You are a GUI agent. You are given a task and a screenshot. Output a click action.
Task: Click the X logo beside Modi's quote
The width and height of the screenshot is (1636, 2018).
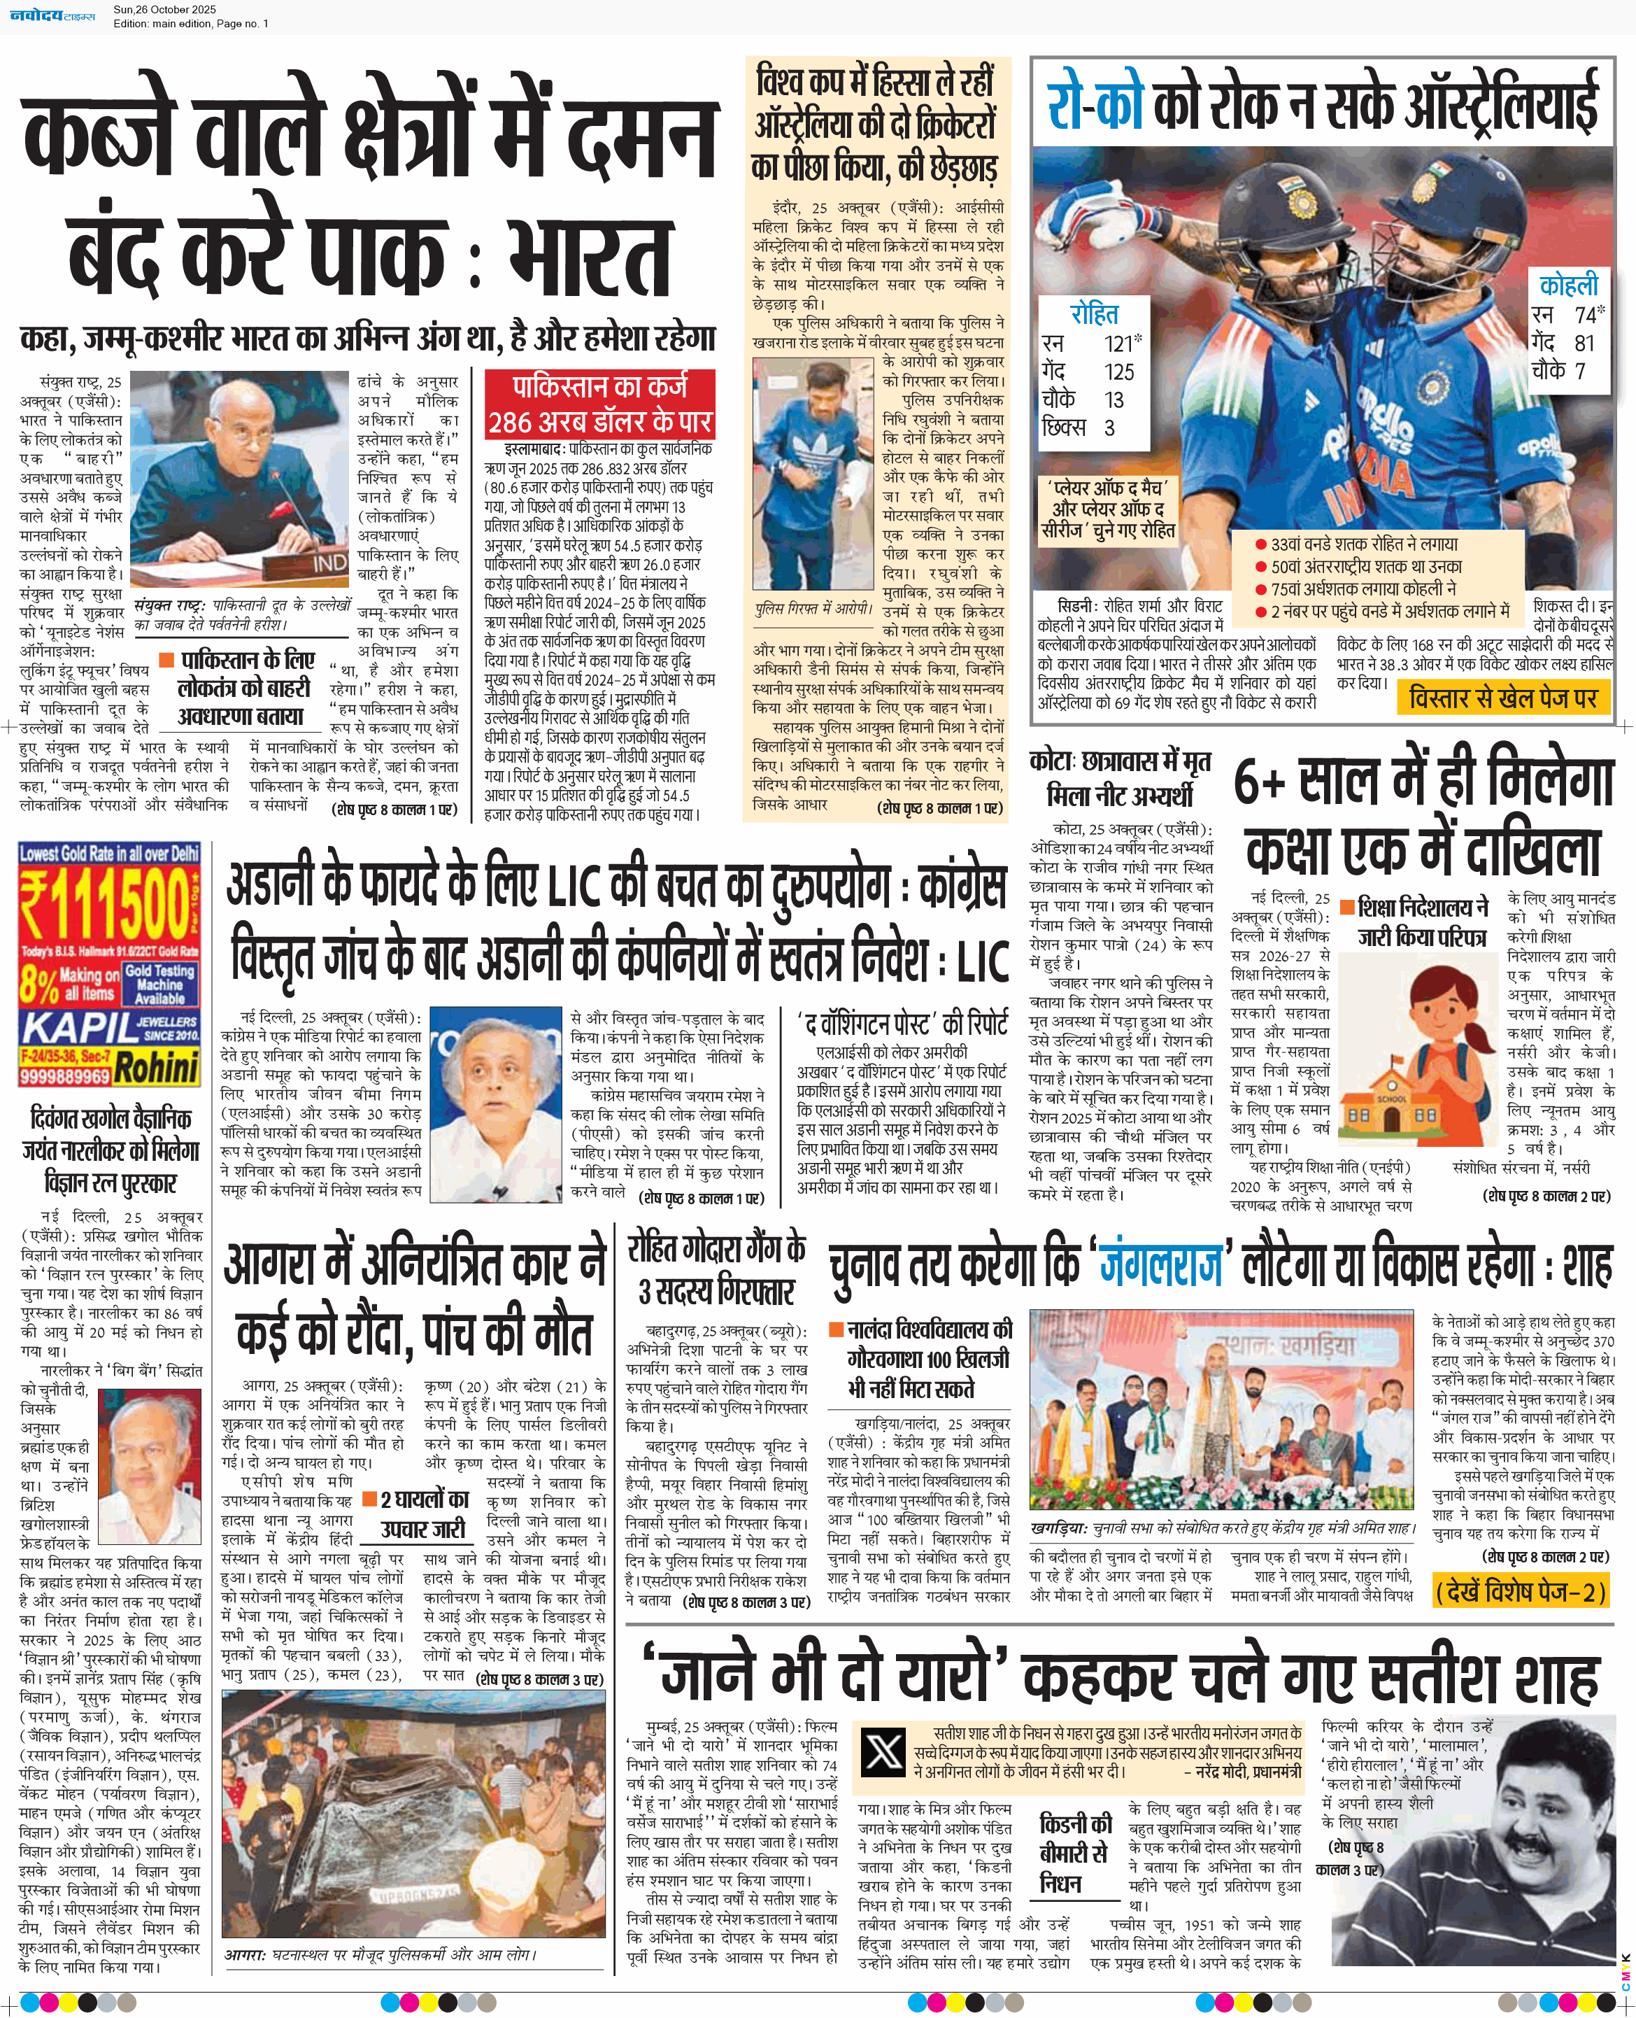pos(883,1752)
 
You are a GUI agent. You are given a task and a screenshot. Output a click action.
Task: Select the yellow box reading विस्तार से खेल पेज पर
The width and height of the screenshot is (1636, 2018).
pos(1503,698)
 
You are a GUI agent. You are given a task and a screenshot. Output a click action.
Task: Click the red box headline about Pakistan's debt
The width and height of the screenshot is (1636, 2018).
pos(599,405)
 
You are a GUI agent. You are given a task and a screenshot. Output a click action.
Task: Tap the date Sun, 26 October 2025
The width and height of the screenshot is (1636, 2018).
pos(165,9)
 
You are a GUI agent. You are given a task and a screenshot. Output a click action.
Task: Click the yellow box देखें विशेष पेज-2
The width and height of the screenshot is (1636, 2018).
pos(1519,1592)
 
